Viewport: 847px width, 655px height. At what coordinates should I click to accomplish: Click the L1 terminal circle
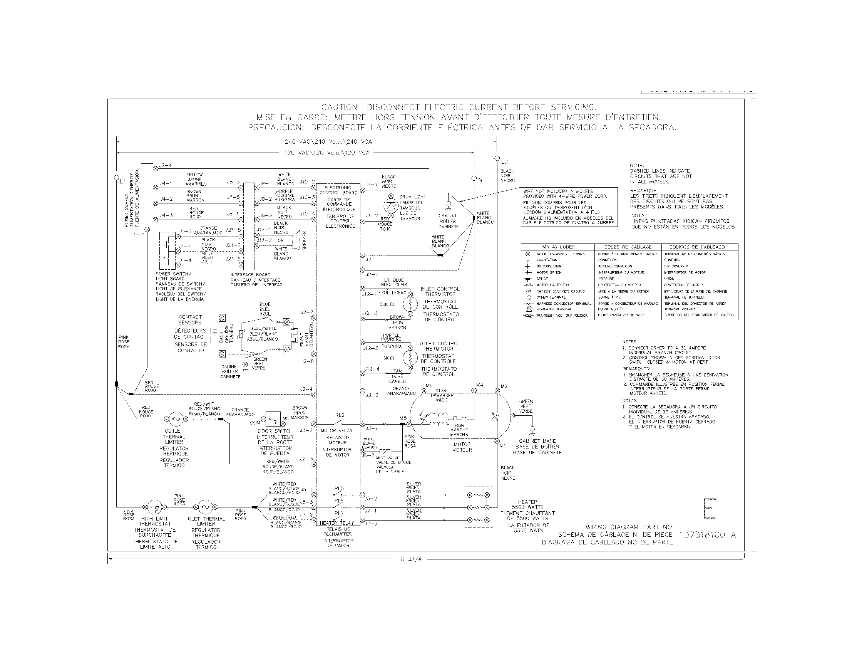tap(116, 178)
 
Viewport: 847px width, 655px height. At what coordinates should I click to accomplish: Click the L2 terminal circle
tap(497, 158)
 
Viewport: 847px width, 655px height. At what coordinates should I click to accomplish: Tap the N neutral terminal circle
tap(474, 178)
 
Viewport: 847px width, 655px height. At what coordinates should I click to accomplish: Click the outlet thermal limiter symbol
tap(174, 419)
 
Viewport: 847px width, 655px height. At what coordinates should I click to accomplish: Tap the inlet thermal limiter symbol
tap(206, 507)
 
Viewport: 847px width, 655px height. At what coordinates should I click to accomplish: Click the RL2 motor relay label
tap(340, 415)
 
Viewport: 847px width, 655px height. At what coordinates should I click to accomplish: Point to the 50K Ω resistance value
tap(386, 305)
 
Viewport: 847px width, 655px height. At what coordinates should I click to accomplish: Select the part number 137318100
tap(702, 535)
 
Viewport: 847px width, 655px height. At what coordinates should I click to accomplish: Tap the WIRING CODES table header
tap(558, 247)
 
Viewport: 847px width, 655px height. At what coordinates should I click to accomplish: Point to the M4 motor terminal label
tap(480, 385)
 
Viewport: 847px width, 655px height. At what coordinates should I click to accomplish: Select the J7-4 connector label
tap(165, 165)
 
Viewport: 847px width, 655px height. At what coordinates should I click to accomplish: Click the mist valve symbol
tap(385, 451)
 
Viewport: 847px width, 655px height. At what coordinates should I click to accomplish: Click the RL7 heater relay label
tap(339, 513)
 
